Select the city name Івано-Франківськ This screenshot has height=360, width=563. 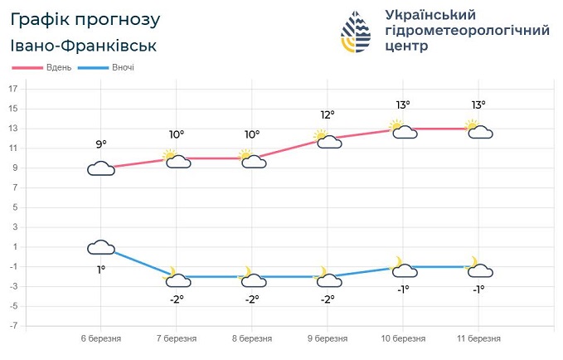(x=85, y=46)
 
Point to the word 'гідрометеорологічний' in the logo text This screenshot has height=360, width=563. (x=468, y=32)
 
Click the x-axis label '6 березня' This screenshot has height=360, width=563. (x=101, y=339)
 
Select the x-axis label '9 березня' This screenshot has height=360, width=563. (x=328, y=339)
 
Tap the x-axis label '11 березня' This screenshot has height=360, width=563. (x=478, y=339)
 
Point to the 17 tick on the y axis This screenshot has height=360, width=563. (x=13, y=89)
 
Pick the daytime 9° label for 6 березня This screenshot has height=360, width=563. (x=101, y=144)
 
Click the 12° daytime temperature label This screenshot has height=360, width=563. (x=328, y=114)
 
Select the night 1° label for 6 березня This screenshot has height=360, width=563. (x=101, y=269)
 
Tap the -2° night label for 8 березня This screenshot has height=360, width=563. (x=252, y=299)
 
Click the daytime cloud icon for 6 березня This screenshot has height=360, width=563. (x=101, y=168)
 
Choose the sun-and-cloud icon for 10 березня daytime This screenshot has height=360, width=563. (x=404, y=129)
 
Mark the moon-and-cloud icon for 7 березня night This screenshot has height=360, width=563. (x=177, y=277)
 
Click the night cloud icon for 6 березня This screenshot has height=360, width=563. (x=101, y=246)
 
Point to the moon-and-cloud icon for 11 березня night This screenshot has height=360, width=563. (x=479, y=267)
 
